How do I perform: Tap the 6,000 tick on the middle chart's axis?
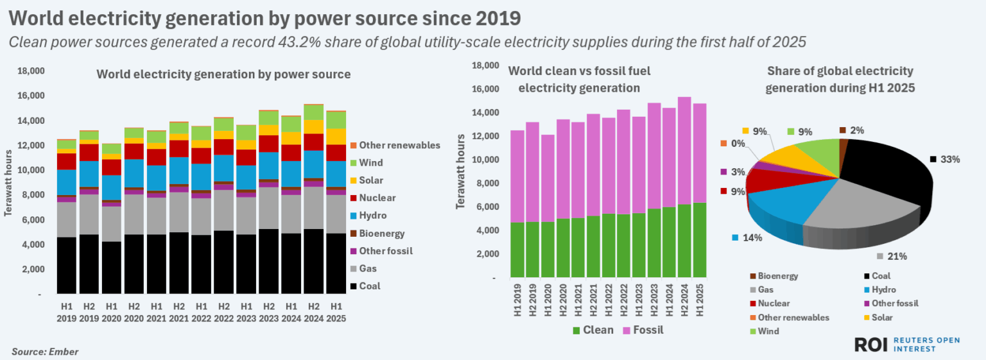click(x=486, y=207)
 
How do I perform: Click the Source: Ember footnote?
click(x=45, y=352)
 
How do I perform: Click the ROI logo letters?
click(x=870, y=345)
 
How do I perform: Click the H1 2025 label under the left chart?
click(x=336, y=313)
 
